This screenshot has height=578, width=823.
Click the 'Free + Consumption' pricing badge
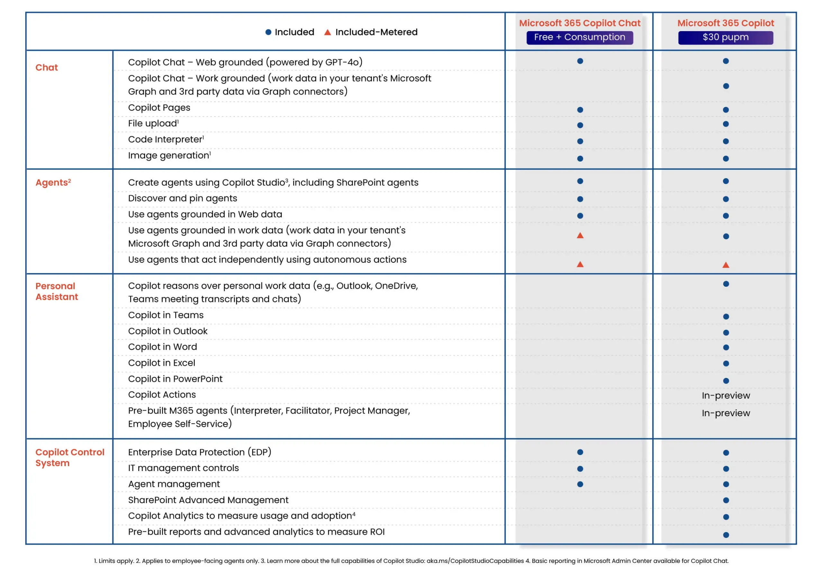[580, 37]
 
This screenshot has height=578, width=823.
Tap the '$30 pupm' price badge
[726, 37]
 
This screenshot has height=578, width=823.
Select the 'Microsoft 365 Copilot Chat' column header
[580, 23]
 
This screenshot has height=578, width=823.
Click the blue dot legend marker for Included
[268, 32]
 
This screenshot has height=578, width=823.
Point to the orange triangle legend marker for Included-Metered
[327, 32]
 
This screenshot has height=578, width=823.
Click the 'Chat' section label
[47, 67]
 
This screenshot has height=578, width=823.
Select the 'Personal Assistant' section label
[56, 291]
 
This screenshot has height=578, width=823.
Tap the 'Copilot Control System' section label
[69, 457]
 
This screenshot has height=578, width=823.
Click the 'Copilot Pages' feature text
[159, 108]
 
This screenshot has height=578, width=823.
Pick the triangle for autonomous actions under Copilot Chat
[580, 265]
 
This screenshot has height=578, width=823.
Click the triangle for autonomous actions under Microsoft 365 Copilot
[726, 265]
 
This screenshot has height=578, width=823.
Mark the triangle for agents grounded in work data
[580, 236]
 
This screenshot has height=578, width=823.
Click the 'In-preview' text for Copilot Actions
[726, 395]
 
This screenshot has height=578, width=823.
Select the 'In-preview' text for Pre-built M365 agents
[726, 413]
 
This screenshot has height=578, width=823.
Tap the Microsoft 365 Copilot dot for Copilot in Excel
[726, 363]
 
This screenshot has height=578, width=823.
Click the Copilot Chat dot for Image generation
[580, 159]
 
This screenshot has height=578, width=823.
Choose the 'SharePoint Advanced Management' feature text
[208, 500]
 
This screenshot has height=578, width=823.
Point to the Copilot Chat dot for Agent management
[580, 484]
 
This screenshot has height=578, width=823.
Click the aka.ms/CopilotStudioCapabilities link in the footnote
[475, 561]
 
